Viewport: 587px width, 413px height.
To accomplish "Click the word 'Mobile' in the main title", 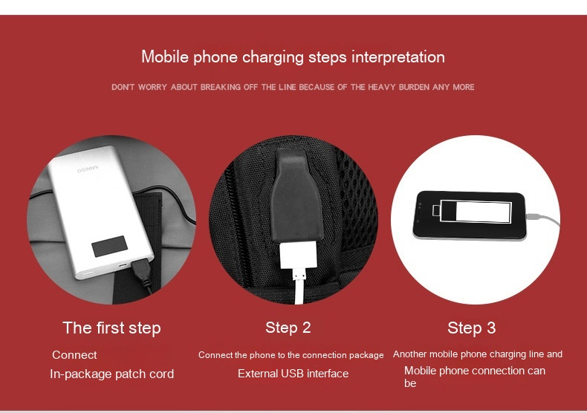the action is click(x=165, y=57).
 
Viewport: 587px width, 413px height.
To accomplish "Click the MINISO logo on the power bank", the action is click(x=88, y=169).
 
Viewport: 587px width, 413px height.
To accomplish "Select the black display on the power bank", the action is click(x=110, y=246).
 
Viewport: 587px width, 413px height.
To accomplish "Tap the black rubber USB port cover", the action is click(x=298, y=195).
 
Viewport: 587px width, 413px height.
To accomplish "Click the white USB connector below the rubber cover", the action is click(x=299, y=256).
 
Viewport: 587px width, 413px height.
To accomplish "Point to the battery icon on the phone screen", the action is click(x=472, y=211).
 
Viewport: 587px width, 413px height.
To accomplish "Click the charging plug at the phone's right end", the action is click(x=533, y=217).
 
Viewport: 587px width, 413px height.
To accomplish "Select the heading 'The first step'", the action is click(x=111, y=328).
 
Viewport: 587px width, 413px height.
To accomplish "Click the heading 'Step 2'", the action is click(x=288, y=328).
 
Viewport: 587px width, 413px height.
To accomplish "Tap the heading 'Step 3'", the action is click(x=471, y=328).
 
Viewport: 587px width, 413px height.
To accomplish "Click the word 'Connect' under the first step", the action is click(x=74, y=354).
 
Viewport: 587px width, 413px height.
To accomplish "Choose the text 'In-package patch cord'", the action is click(x=112, y=374).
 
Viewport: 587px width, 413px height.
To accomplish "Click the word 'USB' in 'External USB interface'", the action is click(x=293, y=374).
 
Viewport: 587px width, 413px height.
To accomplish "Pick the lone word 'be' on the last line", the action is click(x=410, y=383).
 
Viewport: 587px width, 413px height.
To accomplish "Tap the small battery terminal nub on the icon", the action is click(x=436, y=210).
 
